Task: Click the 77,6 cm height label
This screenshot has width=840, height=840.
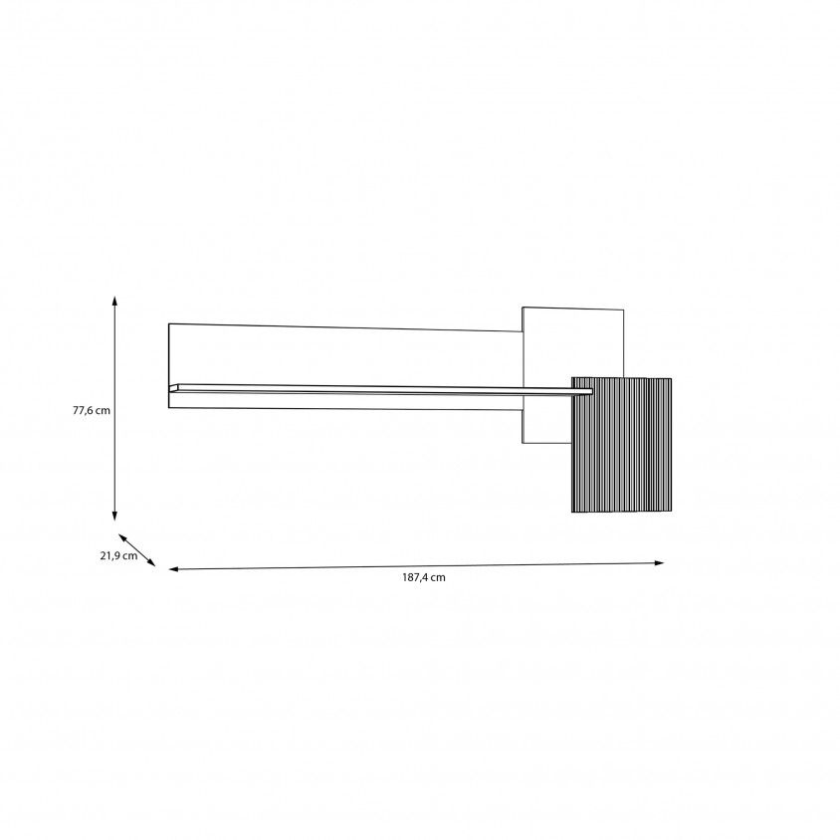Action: (x=92, y=410)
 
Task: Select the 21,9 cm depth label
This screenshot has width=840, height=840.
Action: (x=118, y=555)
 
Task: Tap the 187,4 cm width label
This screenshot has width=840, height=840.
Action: (x=424, y=577)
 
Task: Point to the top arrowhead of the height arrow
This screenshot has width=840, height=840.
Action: (x=114, y=300)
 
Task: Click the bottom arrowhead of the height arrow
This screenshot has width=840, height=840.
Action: (x=114, y=516)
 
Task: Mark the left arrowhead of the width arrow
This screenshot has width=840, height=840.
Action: (x=173, y=569)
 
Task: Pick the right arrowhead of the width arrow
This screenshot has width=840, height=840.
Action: (x=660, y=562)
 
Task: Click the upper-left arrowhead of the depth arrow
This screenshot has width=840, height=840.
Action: (x=122, y=537)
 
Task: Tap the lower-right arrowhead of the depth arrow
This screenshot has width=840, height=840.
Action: (x=151, y=562)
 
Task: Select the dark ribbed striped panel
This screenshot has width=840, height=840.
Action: (x=621, y=445)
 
